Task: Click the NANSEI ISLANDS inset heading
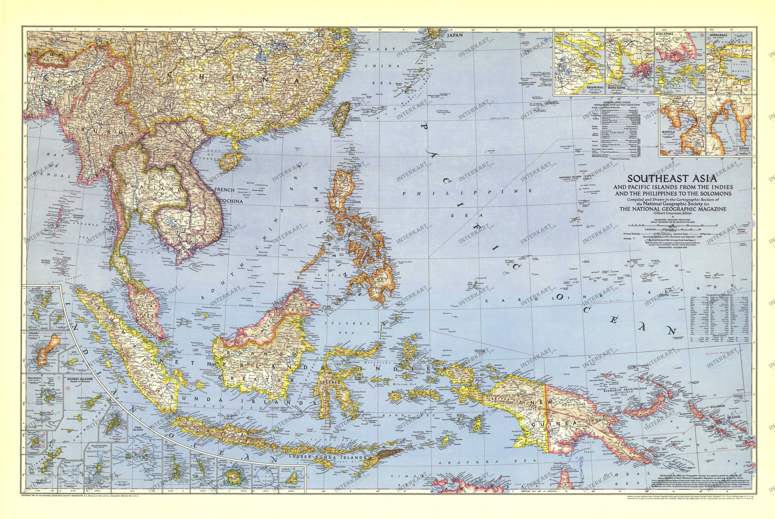79,379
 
